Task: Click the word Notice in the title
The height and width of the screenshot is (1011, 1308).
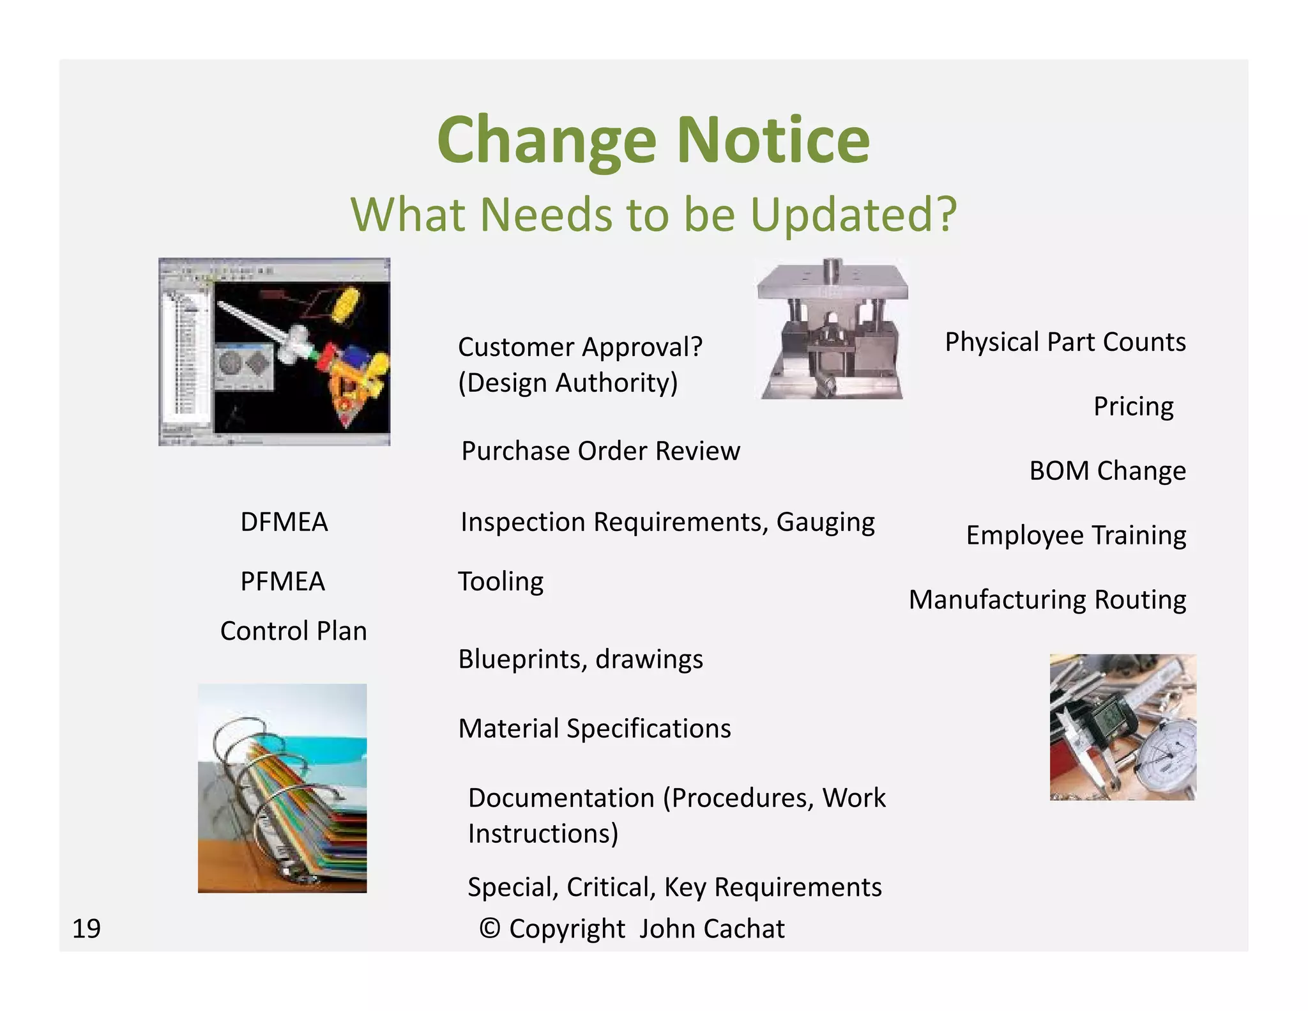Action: click(x=773, y=140)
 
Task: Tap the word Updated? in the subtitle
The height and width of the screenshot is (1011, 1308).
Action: click(x=853, y=215)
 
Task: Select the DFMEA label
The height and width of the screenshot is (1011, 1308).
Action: click(x=284, y=522)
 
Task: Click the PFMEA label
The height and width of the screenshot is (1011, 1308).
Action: click(x=282, y=582)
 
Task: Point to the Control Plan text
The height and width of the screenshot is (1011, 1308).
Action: click(x=293, y=631)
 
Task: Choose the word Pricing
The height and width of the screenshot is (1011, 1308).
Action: click(x=1133, y=406)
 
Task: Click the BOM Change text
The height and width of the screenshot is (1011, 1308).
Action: click(x=1107, y=471)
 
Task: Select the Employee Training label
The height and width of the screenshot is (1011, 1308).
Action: click(x=1076, y=536)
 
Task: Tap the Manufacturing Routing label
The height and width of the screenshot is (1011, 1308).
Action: click(x=1047, y=600)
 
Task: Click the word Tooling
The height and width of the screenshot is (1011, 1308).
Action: click(x=501, y=582)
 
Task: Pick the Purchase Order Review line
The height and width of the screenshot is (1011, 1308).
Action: click(x=600, y=451)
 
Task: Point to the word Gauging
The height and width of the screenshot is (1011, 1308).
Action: click(x=825, y=522)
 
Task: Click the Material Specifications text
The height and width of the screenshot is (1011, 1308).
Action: click(x=594, y=729)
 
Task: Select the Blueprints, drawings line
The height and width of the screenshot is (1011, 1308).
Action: click(x=580, y=659)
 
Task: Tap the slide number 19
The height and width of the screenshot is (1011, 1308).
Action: click(x=86, y=929)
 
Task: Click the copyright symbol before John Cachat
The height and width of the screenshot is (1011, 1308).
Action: click(x=489, y=929)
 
